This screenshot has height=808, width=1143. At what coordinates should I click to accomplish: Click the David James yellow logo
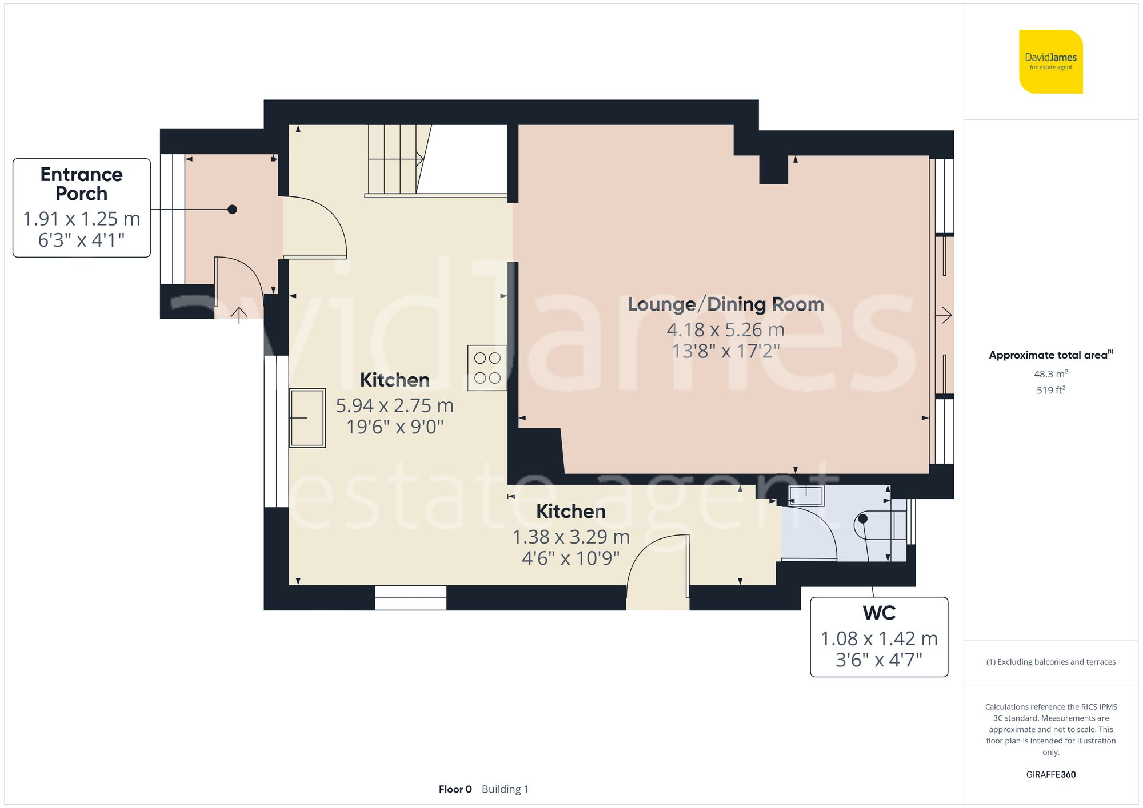[x=1050, y=62]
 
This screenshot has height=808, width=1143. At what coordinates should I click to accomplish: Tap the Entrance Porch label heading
[x=81, y=184]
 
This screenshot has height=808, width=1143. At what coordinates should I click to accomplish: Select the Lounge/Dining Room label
[x=725, y=304]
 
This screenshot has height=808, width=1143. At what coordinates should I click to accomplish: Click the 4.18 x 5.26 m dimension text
[x=725, y=329]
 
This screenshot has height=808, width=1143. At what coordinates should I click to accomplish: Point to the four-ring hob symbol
[x=487, y=368]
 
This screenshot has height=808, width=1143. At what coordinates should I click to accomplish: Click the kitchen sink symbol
[x=307, y=418]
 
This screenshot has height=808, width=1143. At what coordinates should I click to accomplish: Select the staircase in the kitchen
[x=395, y=160]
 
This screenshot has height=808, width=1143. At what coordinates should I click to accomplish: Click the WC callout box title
[x=878, y=613]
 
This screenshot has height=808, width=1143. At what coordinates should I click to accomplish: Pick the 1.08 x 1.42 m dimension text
[x=878, y=638]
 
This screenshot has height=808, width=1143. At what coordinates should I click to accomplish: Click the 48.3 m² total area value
[x=1050, y=374]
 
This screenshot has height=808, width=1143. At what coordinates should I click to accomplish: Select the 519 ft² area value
[x=1050, y=390]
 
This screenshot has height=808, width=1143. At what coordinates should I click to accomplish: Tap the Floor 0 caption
[x=455, y=789]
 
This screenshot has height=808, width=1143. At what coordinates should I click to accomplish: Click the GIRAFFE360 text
[x=1050, y=774]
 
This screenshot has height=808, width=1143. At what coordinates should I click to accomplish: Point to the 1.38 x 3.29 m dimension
[x=570, y=537]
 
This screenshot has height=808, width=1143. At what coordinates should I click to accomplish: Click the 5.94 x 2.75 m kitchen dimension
[x=394, y=405]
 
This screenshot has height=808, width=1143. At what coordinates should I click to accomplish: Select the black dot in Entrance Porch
[x=232, y=210]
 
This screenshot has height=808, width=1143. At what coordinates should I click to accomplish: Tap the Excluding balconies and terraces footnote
[x=1050, y=662]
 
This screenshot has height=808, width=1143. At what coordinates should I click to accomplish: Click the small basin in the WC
[x=806, y=495]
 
